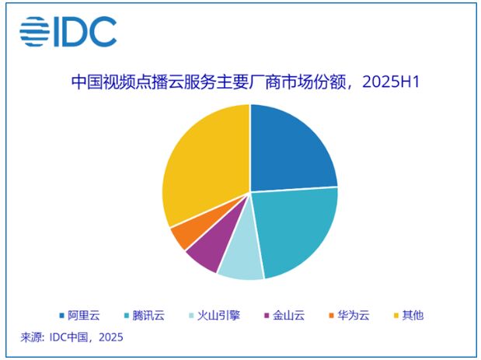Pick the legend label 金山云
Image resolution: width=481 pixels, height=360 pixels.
288,315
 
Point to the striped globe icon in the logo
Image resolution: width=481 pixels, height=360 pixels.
35,32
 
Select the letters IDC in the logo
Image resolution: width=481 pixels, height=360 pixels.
86,32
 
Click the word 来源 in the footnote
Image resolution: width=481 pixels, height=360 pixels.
32,337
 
